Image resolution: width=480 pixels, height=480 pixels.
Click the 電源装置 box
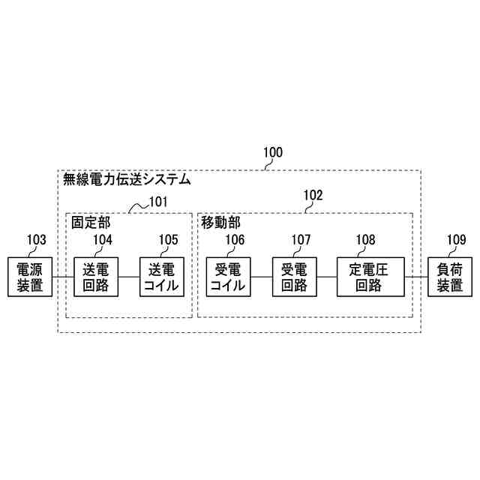tap(29, 277)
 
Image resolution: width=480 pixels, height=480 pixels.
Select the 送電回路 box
tap(96, 277)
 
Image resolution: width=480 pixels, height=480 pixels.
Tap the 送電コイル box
tap(162, 277)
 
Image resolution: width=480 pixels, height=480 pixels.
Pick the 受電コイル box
tap(228, 277)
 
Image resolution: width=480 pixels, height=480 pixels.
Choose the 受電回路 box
tap(294, 277)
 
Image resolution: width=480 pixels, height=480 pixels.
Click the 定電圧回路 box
tap(370, 277)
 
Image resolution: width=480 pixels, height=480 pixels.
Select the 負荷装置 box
tap(449, 277)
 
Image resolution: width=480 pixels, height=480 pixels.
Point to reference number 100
tap(273, 152)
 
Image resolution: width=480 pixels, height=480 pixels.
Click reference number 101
tap(157, 201)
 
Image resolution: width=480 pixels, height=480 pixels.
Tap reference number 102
tap(313, 195)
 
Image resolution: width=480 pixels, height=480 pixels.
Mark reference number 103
tap(37, 240)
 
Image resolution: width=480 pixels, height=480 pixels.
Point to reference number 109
tap(456, 240)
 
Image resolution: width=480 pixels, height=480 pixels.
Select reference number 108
tap(366, 240)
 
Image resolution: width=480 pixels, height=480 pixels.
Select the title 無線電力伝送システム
tap(125, 180)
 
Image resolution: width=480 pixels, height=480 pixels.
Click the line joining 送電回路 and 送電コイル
tap(129, 277)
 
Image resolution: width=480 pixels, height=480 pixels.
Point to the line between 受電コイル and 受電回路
tap(261, 277)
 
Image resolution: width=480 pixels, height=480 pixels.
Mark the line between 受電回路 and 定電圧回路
tap(327, 277)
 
